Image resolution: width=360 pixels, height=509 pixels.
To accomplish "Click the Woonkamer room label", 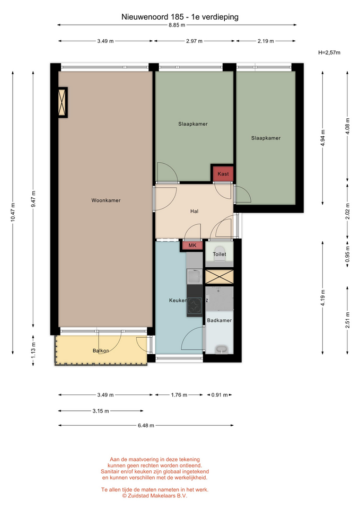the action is tap(106, 200).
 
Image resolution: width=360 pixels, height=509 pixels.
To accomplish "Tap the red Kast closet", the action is tap(223, 174).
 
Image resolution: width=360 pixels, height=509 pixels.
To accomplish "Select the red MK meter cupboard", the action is tap(192, 245).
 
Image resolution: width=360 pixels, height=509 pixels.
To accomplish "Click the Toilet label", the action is tap(219, 254).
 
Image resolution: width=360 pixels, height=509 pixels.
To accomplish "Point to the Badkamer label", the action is tap(219, 320).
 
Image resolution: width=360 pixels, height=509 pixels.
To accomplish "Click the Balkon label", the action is tap(101, 350).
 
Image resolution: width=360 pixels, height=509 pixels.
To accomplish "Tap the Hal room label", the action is tap(195, 212).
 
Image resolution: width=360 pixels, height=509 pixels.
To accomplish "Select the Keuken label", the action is tap(178, 300).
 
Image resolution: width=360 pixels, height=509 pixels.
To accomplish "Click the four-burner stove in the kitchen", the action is tap(195, 305).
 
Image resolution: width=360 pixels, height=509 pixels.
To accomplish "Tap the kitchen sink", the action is tap(195, 276).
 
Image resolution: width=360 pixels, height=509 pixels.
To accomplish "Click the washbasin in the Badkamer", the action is tap(222, 350).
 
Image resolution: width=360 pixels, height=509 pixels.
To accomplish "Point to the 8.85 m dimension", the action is tap(177, 25).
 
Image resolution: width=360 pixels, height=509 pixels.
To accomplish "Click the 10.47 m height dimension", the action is tap(13, 212).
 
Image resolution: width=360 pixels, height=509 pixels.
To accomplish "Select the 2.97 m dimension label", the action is tap(194, 41).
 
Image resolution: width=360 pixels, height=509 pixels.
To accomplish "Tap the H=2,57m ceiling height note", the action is tap(329, 52).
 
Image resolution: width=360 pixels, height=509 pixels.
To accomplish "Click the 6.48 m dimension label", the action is tap(146, 425).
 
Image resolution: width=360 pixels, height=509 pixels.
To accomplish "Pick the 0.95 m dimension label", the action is tap(347, 253).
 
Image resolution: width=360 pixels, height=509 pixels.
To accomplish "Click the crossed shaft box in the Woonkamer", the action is tap(63, 102).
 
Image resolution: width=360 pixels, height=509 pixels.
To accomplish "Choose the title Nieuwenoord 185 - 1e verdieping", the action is tap(180, 17).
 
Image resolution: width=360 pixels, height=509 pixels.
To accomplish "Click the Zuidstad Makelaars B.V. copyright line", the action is tap(154, 496).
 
